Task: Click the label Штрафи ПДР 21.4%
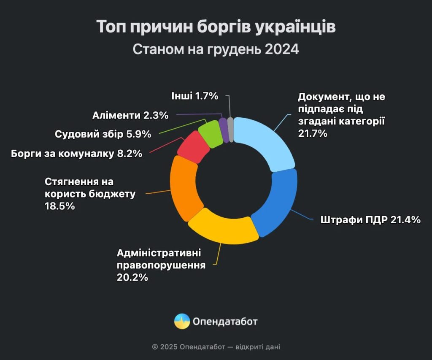[x=370, y=220]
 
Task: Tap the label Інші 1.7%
[x=194, y=96]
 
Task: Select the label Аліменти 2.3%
[x=130, y=115]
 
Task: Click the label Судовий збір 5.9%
[x=103, y=134]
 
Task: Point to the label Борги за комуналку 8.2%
[x=76, y=153]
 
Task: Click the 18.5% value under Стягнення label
[x=59, y=206]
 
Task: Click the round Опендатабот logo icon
[x=182, y=321]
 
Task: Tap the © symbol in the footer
[x=155, y=347]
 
